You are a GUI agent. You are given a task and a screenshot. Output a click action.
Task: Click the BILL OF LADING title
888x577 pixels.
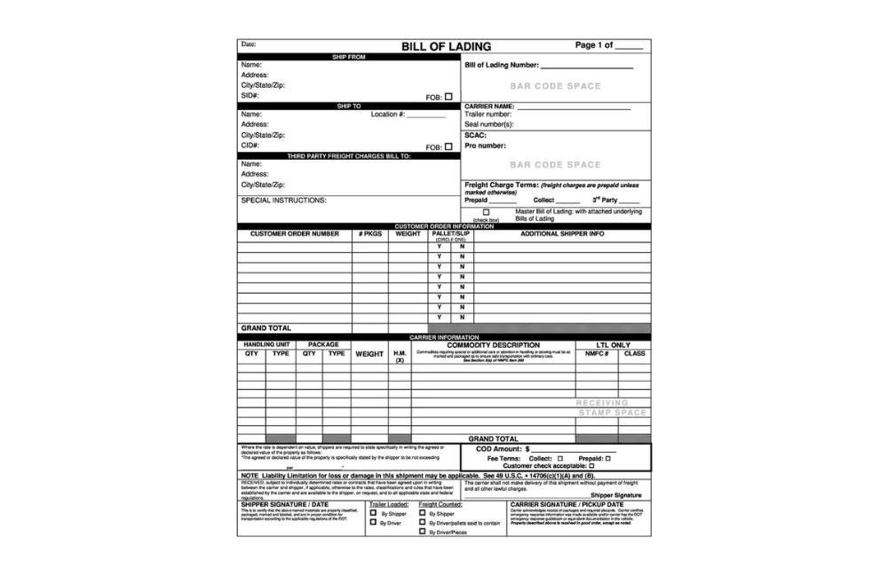(x=446, y=46)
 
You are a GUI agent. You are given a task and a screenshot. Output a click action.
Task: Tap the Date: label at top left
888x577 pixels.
(x=249, y=43)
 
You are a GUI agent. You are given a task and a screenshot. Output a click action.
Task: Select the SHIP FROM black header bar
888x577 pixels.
(x=348, y=57)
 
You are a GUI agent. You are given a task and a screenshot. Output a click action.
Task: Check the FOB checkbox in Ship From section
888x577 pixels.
(x=448, y=96)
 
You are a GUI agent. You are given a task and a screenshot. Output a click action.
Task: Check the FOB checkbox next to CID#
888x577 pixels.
(x=448, y=146)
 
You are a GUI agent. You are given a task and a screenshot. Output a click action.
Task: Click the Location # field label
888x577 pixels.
(x=388, y=115)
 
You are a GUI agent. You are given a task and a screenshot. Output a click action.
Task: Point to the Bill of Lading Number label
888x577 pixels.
(x=502, y=66)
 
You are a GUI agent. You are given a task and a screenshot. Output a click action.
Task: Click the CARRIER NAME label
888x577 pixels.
(x=489, y=106)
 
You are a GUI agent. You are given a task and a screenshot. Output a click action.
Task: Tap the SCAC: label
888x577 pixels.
(x=475, y=135)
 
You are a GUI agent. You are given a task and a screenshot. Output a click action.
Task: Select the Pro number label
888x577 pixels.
(x=485, y=146)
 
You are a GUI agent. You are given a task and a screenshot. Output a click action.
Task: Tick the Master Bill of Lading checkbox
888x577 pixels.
(x=486, y=211)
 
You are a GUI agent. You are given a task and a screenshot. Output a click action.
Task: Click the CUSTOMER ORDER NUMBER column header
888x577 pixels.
(x=294, y=234)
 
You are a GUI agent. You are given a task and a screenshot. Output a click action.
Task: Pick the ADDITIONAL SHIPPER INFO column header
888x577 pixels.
(x=561, y=234)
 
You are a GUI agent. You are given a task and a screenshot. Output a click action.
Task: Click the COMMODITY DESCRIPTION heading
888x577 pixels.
(x=499, y=345)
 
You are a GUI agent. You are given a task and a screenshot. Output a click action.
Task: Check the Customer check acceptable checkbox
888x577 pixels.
(x=591, y=465)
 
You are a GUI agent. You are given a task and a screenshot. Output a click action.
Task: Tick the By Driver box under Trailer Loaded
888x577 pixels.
(x=373, y=522)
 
